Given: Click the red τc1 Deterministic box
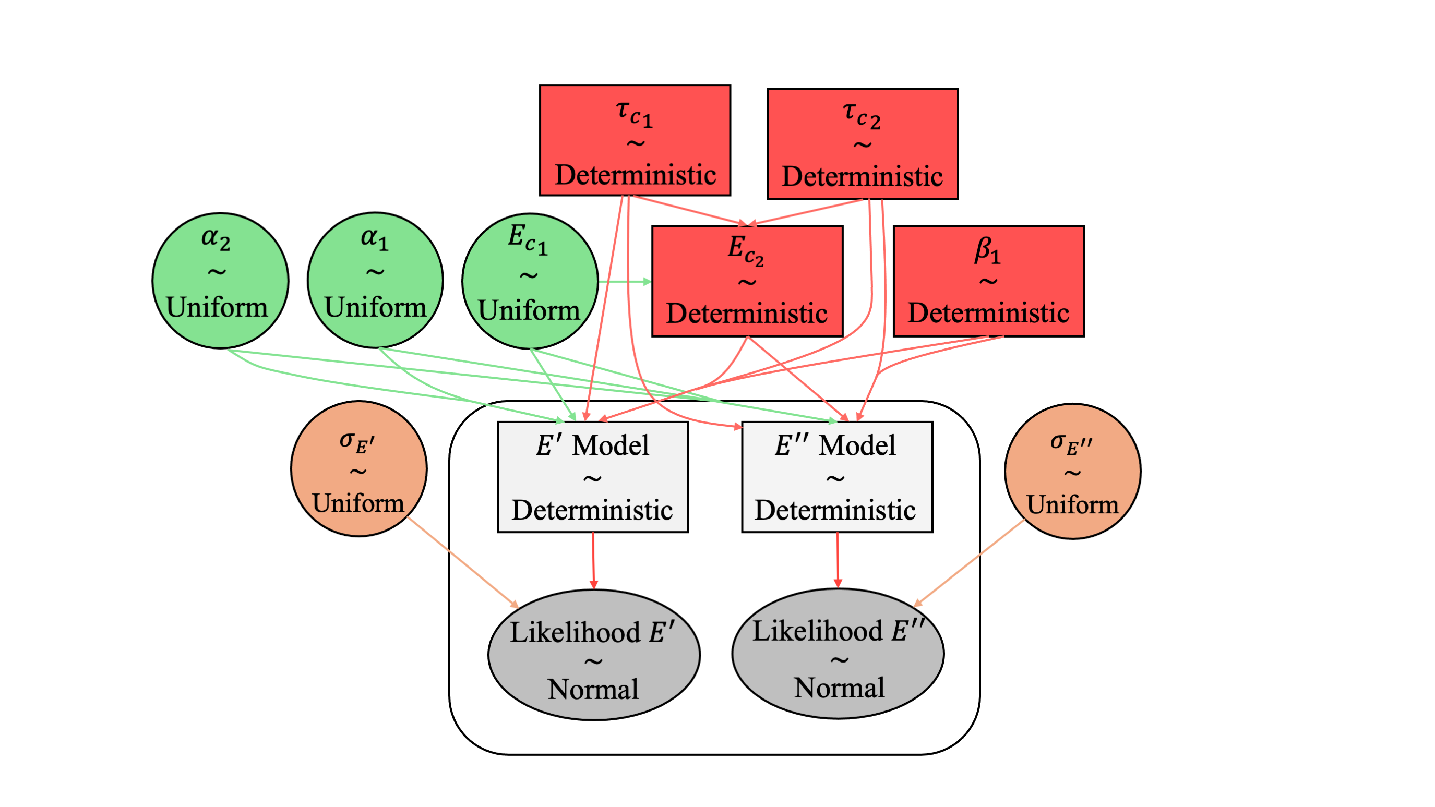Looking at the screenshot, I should pos(635,140).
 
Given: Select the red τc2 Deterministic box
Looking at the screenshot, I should pos(863,143).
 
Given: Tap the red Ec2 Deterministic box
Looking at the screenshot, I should pos(747,281).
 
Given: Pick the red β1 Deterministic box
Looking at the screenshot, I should pos(988,281).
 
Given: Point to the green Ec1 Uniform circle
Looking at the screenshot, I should pos(530,281).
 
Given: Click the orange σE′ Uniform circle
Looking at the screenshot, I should pos(359,468).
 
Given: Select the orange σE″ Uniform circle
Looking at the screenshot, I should pos(1072,471).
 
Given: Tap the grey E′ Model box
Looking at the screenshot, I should pos(592,477).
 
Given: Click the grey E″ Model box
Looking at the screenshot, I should pos(836,477).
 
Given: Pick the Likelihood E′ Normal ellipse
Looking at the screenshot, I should pos(594,655).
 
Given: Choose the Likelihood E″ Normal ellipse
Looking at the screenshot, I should pos(838,653).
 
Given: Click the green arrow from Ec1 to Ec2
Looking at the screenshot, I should pos(624,282).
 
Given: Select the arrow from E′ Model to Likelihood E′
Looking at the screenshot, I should pos(593,560).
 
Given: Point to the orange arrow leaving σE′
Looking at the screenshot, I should pos(462,562).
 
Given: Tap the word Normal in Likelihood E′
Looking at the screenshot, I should pos(593,690).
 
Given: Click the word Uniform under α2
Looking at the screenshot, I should pos(217,307).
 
